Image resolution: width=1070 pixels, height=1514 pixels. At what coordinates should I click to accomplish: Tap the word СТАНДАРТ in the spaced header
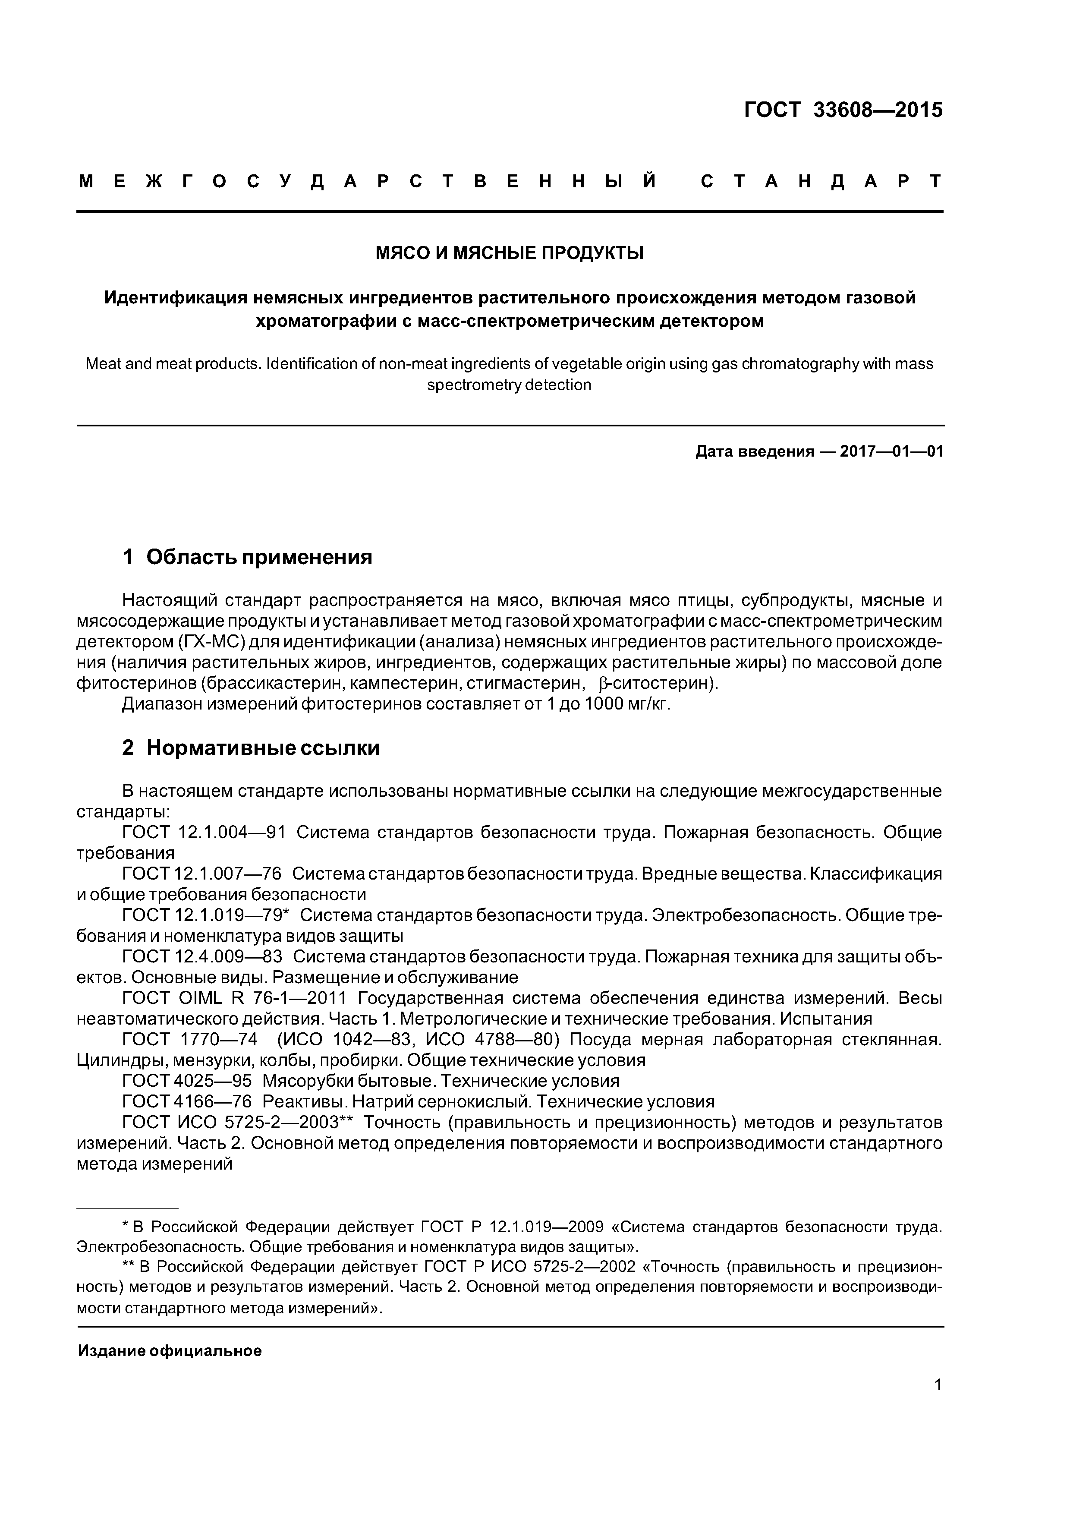pyautogui.click(x=821, y=181)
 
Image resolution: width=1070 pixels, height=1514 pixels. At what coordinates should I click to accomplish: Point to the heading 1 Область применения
pyautogui.click(x=247, y=557)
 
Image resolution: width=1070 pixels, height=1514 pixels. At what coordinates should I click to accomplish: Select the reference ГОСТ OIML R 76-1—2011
pyautogui.click(x=234, y=998)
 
